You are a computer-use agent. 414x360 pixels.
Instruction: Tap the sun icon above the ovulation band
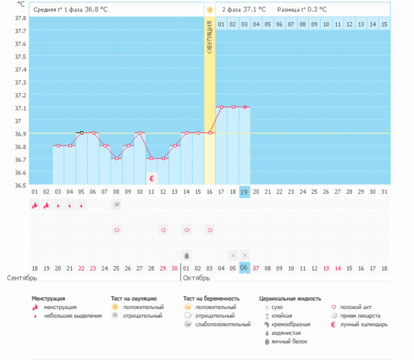(209, 10)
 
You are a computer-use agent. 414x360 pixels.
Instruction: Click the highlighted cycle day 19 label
(244, 192)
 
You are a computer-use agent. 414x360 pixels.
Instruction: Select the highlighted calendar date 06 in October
(244, 268)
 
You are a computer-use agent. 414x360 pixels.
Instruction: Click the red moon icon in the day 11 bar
(151, 178)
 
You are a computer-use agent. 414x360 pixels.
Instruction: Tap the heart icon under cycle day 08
(117, 230)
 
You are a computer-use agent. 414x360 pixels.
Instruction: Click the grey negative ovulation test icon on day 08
(117, 204)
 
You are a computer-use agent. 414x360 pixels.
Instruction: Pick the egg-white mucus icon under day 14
(186, 255)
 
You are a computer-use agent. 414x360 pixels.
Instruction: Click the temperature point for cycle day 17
(221, 107)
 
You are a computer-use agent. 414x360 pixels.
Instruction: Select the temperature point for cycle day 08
(117, 159)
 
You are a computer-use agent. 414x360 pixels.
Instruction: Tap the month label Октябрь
(197, 278)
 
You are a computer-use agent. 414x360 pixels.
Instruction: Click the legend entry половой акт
(356, 306)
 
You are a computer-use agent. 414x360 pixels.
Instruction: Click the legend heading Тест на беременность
(211, 298)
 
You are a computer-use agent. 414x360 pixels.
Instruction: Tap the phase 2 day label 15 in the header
(384, 24)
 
